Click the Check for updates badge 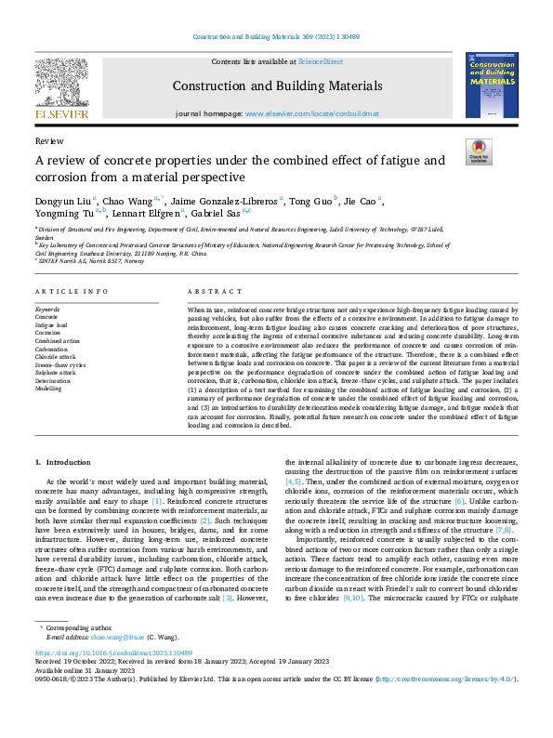[478, 152]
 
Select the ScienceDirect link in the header [320, 61]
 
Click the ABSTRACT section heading [208, 291]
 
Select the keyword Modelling [50, 389]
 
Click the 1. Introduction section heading [63, 462]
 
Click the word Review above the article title [48, 140]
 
